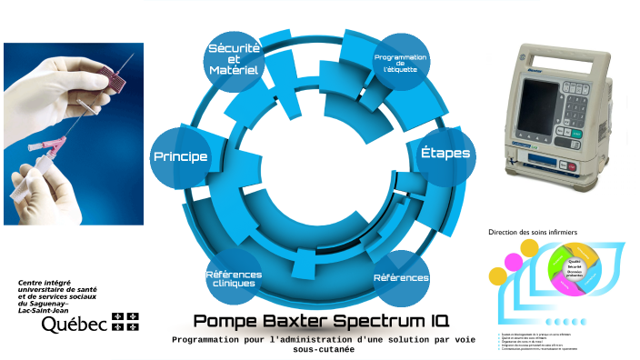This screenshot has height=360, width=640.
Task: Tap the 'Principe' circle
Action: (180, 156)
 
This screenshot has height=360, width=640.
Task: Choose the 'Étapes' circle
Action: (445, 153)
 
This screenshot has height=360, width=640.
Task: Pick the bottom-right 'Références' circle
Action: (401, 277)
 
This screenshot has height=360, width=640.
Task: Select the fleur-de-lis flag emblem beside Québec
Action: (125, 321)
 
